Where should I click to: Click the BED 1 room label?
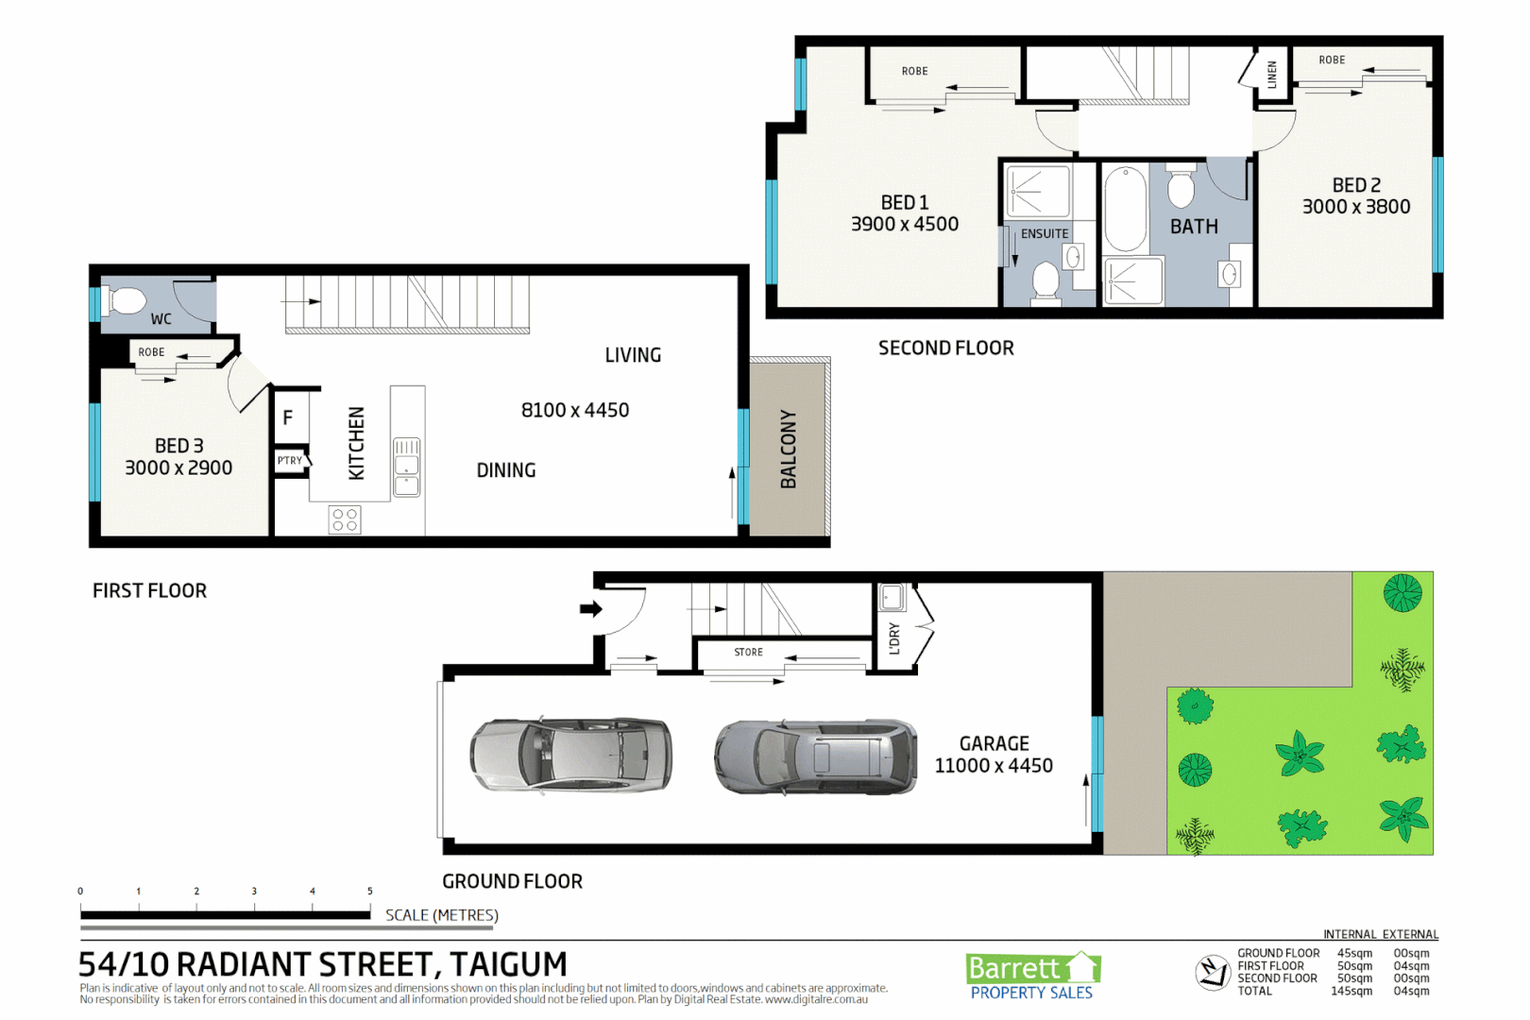click(904, 203)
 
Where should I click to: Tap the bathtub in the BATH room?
click(1124, 210)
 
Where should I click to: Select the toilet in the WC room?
click(126, 301)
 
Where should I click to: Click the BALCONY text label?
click(789, 450)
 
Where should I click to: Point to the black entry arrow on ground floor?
click(591, 609)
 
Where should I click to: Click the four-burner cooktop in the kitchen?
click(345, 519)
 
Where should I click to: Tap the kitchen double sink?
click(407, 467)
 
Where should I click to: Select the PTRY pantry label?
click(290, 461)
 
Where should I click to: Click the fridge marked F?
click(288, 417)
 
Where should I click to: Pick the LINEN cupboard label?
click(1272, 75)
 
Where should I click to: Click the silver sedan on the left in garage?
click(570, 754)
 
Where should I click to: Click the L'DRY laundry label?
click(894, 638)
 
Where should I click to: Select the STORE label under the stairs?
click(748, 653)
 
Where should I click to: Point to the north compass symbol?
click(1213, 972)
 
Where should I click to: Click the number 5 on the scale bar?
click(370, 892)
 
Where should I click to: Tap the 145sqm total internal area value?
click(1351, 992)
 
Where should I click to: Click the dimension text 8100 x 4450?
click(575, 411)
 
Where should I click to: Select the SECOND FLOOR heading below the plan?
click(945, 348)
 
